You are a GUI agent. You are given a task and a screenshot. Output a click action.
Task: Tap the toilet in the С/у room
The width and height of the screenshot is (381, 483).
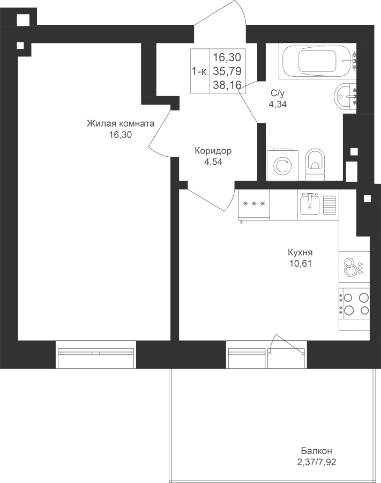(315, 165)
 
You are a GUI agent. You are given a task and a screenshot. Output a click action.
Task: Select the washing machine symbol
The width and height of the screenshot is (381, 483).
(282, 165)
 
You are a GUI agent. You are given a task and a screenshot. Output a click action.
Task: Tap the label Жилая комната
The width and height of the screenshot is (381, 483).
(121, 123)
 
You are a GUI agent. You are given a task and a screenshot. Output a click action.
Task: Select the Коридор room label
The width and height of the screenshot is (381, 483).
(213, 151)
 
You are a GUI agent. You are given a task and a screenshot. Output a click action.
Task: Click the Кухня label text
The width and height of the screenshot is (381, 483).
(300, 253)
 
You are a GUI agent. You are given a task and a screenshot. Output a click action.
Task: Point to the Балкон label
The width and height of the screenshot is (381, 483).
(316, 451)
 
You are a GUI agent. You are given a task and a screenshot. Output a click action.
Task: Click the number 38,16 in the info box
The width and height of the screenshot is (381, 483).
(227, 84)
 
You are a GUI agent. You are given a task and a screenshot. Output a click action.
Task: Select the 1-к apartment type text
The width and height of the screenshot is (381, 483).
(199, 71)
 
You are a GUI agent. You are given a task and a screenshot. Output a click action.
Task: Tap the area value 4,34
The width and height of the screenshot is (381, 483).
(278, 104)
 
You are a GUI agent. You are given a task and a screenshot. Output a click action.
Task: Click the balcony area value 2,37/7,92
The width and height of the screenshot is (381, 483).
(316, 462)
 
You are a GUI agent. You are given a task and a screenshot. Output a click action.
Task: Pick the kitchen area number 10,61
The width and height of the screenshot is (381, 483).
(300, 264)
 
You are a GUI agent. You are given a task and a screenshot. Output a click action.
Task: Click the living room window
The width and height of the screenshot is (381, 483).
(96, 354)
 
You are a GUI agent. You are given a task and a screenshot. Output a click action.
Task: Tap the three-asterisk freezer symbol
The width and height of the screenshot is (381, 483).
(254, 203)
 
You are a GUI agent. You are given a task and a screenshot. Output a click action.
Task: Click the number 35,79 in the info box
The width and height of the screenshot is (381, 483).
(227, 71)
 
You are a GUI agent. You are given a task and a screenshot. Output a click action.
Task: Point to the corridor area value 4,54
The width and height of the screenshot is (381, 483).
(213, 162)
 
